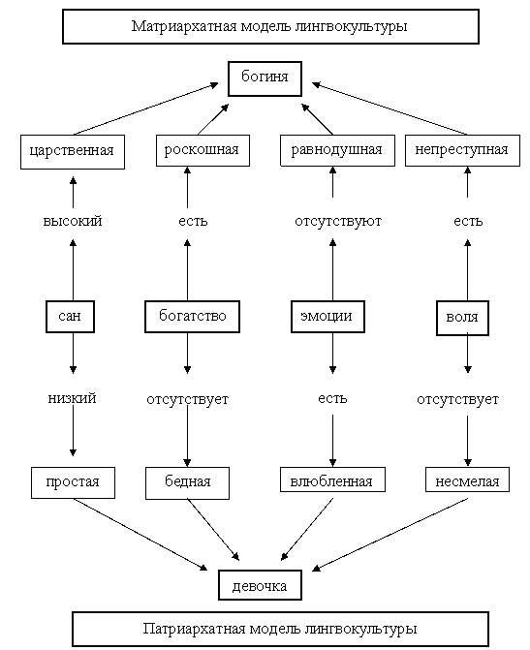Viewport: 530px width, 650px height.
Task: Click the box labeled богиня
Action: click(x=265, y=78)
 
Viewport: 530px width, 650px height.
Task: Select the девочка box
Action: click(x=260, y=585)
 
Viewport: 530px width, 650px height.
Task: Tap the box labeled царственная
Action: click(x=73, y=152)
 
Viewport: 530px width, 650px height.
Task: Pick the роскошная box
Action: click(x=203, y=150)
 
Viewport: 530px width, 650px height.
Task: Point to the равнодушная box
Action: click(x=337, y=150)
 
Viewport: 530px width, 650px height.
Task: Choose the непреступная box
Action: click(x=462, y=150)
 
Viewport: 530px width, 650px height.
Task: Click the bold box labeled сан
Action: click(x=70, y=317)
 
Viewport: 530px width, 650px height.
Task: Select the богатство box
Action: click(x=193, y=317)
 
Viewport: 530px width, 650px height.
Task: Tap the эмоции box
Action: click(x=327, y=317)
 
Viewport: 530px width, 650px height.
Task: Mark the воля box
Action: click(x=462, y=318)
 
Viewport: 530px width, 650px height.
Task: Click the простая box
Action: click(x=73, y=483)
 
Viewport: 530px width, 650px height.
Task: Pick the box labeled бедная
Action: click(x=187, y=483)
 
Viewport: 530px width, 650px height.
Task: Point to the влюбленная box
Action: click(x=332, y=480)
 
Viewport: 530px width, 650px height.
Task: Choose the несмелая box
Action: click(x=467, y=480)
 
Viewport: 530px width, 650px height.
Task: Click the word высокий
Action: click(x=73, y=221)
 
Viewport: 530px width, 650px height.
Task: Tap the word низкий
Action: click(x=72, y=398)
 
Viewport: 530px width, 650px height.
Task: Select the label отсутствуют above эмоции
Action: click(x=338, y=222)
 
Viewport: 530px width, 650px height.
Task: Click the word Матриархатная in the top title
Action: click(x=184, y=26)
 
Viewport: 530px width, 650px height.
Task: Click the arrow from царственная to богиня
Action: click(x=146, y=109)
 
